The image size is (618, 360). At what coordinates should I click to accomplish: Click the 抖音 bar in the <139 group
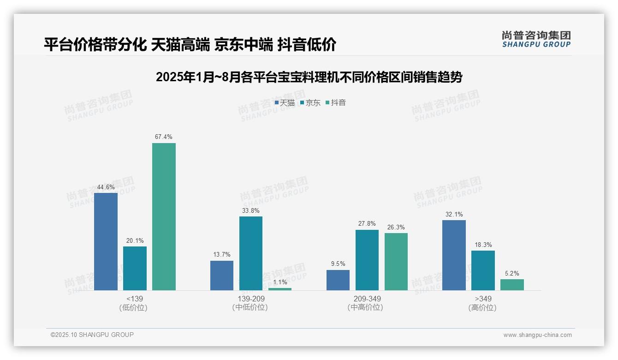[x=164, y=216]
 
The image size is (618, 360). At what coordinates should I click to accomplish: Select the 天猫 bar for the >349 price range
[x=454, y=255]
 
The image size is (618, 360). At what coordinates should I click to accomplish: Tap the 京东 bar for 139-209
[x=250, y=253]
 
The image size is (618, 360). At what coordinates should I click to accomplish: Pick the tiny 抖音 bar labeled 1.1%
[x=280, y=289]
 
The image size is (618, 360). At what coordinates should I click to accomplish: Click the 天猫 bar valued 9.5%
[x=338, y=280]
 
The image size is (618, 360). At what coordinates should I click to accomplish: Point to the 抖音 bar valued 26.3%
[x=396, y=262]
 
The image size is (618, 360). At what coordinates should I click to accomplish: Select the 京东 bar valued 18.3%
[x=483, y=270]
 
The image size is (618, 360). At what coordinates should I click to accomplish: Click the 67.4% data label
[x=164, y=137]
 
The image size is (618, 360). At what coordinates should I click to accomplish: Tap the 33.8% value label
[x=250, y=211]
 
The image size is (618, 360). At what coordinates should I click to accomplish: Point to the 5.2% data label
[x=512, y=273]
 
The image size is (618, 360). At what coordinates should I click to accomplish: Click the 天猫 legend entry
[x=285, y=103]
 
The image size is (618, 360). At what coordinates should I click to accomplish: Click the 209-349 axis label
[x=367, y=299]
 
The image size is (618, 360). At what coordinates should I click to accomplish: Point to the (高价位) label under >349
[x=482, y=308]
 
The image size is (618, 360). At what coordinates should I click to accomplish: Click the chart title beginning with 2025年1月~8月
[x=309, y=77]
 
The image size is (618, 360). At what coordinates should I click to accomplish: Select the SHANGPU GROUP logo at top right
[x=536, y=39]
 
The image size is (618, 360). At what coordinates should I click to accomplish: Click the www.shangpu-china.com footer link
[x=537, y=335]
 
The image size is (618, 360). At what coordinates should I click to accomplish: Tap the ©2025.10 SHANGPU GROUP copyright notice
[x=92, y=335]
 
